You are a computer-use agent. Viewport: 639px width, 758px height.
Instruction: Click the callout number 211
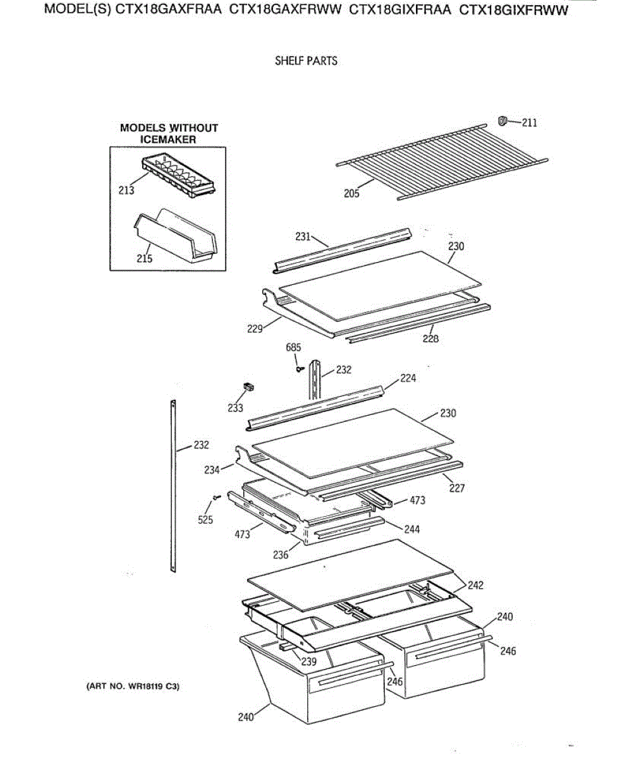point(530,123)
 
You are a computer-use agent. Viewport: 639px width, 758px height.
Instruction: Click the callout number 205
point(351,193)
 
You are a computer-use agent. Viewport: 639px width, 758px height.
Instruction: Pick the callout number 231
point(303,237)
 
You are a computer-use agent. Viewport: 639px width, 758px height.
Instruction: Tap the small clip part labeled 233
point(248,387)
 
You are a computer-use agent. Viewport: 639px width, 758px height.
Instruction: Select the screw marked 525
point(216,498)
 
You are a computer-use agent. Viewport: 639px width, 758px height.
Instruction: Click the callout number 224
point(408,378)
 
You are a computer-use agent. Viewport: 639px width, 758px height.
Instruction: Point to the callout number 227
point(456,488)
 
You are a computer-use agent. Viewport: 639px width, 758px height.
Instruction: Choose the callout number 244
point(411,529)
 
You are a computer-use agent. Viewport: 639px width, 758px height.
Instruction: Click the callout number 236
point(280,555)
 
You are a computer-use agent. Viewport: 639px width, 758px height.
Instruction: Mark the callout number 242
point(475,585)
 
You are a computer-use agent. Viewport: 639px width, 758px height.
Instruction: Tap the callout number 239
point(308,662)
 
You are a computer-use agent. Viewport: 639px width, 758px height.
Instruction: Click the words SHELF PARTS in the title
point(306,61)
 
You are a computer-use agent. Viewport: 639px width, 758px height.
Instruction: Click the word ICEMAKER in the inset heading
point(168,140)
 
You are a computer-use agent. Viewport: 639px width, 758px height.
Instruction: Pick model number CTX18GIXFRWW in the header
point(513,12)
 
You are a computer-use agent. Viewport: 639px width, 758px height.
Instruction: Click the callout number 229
point(255,328)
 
